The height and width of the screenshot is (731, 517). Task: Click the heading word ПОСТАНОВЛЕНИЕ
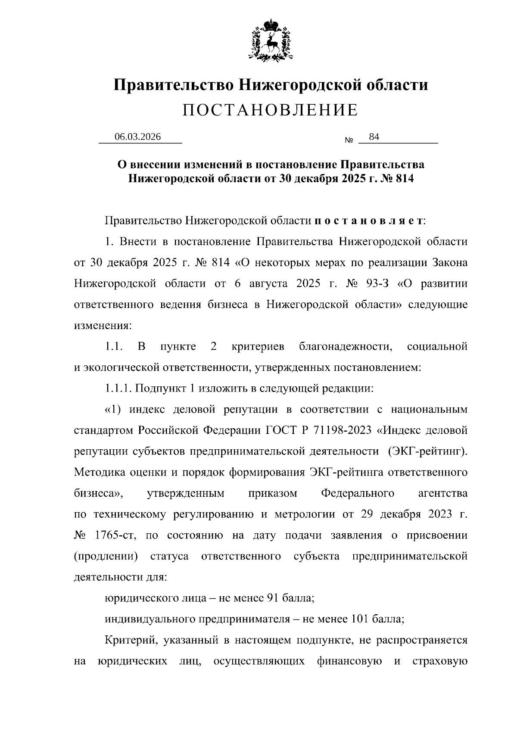(x=270, y=110)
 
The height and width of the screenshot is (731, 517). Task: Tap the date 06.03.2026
(x=137, y=137)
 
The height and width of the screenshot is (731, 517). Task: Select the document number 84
(x=374, y=137)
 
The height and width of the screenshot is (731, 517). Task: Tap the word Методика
(x=100, y=472)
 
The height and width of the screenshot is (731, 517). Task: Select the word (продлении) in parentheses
(x=106, y=556)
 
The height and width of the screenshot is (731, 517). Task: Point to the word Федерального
(x=358, y=493)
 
